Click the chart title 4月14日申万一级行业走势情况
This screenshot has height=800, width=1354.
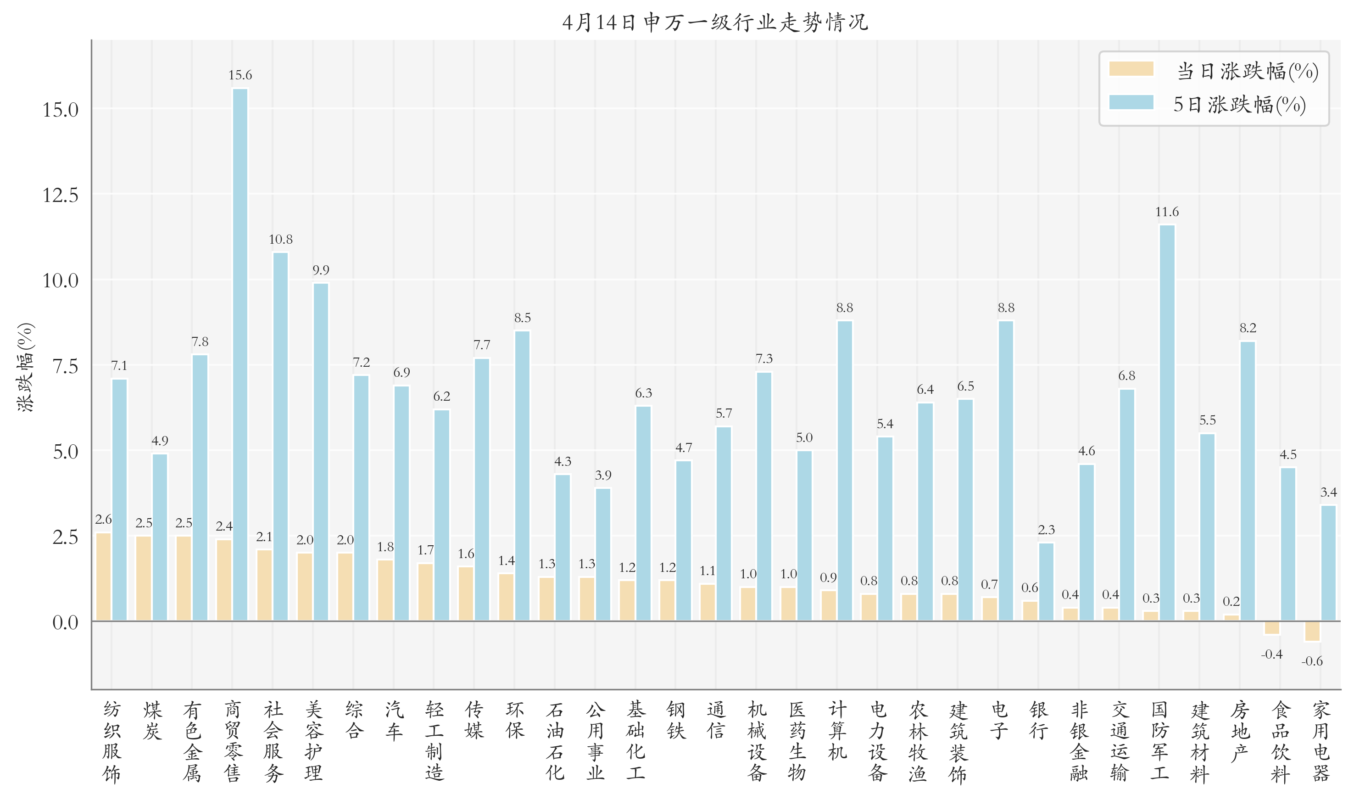[715, 22]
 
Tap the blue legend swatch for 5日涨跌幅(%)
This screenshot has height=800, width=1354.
[1131, 102]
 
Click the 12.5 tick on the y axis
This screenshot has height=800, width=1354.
[61, 195]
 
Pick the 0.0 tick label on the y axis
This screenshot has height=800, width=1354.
[65, 623]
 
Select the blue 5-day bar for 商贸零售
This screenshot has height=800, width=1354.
[240, 354]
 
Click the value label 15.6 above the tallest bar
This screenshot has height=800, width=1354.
[240, 75]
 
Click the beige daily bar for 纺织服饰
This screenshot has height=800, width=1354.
[103, 576]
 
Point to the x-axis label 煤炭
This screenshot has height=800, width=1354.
[152, 720]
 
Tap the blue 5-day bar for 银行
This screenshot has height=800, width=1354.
[1046, 582]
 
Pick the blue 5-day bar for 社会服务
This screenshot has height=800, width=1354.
[281, 436]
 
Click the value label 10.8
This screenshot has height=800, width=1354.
[281, 239]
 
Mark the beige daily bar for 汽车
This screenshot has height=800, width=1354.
[385, 590]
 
